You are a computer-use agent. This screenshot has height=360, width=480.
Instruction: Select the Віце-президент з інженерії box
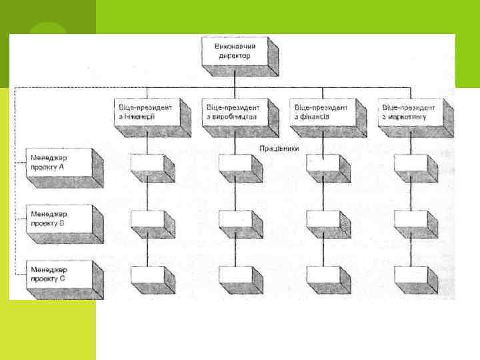(x=142, y=111)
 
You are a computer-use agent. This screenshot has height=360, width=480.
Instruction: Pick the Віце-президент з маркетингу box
(x=407, y=111)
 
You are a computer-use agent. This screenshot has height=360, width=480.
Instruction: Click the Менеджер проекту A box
(x=58, y=162)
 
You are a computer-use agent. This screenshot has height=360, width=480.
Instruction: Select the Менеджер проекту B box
(x=58, y=219)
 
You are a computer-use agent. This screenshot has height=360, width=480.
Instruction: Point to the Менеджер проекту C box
(x=58, y=273)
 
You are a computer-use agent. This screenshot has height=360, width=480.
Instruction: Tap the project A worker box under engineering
(x=147, y=165)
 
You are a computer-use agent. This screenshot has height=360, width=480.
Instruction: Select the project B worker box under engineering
(x=147, y=219)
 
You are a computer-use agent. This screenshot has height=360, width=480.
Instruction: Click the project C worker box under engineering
(x=147, y=275)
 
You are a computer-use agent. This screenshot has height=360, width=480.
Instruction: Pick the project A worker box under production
(x=234, y=165)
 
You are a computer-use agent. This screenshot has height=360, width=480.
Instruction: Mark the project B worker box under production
(x=234, y=219)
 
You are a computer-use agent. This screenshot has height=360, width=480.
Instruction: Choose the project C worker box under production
(x=234, y=275)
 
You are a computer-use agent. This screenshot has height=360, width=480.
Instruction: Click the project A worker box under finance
(x=322, y=165)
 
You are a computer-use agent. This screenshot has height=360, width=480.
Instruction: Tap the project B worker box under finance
(x=322, y=219)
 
